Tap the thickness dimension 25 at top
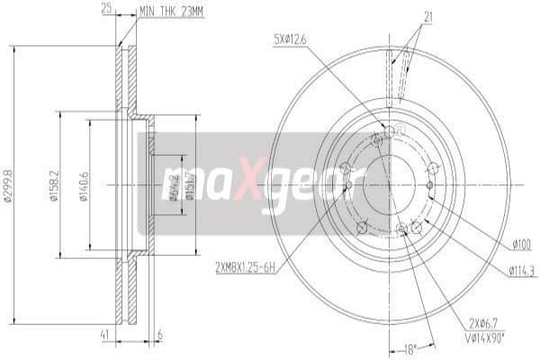pos(107,10)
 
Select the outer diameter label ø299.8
pos(8,184)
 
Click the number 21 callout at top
pos(428,14)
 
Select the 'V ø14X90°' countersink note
pos(486,337)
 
